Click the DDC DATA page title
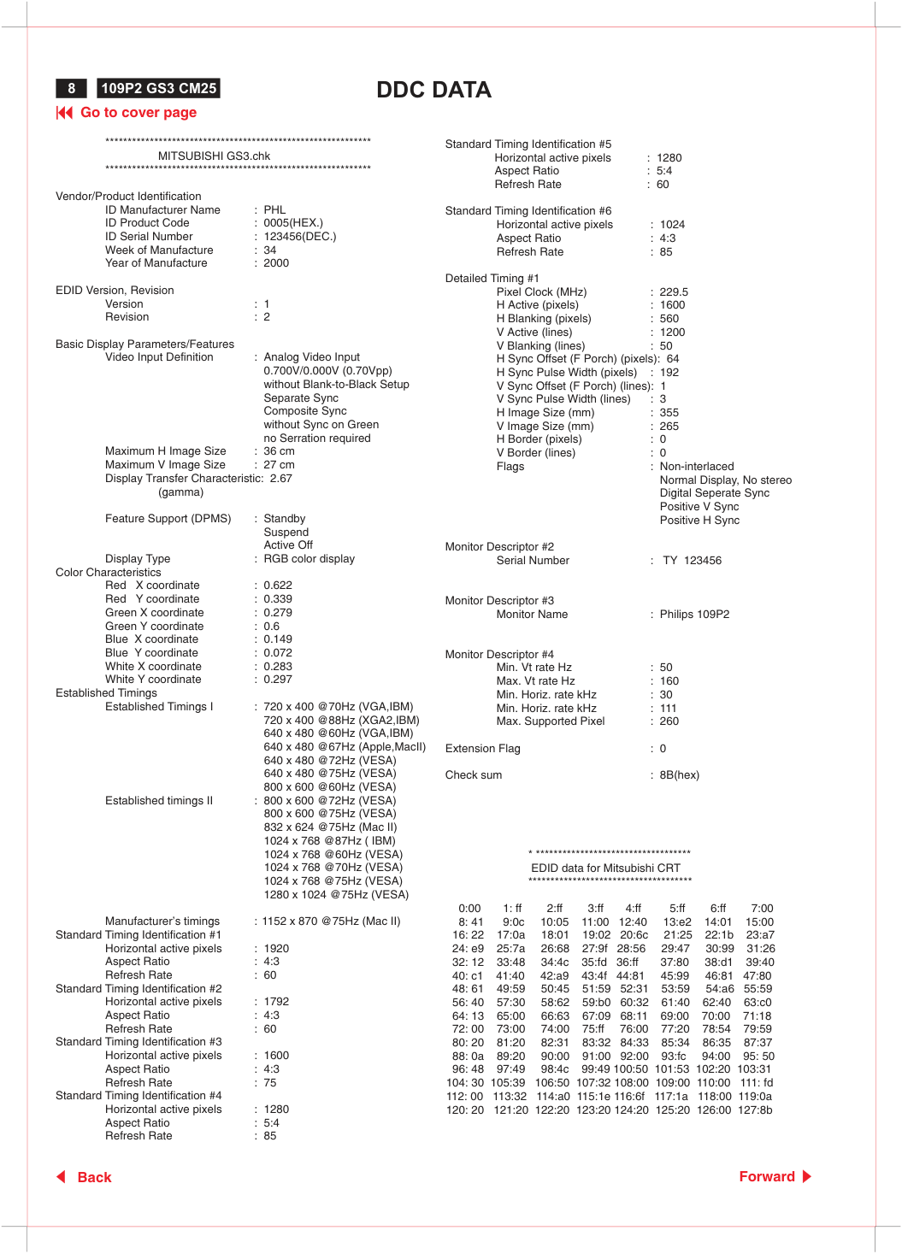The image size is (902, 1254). (x=433, y=90)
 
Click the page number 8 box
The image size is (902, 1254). (x=72, y=88)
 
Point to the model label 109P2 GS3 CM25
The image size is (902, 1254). (x=159, y=88)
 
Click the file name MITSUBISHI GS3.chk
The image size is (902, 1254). (x=214, y=156)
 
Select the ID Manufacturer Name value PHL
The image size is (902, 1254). (x=274, y=209)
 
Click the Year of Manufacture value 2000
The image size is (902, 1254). (x=276, y=263)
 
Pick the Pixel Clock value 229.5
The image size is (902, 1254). (x=674, y=291)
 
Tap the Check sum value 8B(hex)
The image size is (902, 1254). (x=679, y=775)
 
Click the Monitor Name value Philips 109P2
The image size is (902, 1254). (x=694, y=614)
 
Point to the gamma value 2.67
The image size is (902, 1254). (x=280, y=479)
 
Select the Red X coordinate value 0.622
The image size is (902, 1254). (x=278, y=586)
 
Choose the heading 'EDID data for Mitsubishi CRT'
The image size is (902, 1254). (x=605, y=868)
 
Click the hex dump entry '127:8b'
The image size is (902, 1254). (x=755, y=1110)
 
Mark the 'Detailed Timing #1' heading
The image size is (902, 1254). (x=492, y=278)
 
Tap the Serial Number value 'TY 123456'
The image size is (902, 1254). (x=692, y=561)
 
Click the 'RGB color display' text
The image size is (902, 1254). (x=309, y=559)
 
